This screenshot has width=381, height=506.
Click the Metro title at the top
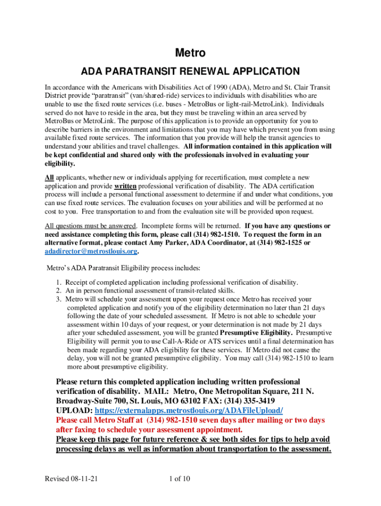coord(190,53)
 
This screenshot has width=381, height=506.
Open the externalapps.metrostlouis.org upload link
coord(189,411)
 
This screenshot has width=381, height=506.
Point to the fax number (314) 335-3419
coord(246,401)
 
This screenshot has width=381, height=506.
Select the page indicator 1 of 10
coord(180,479)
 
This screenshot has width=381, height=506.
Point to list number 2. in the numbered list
coord(59,291)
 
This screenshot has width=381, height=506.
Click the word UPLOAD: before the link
coord(74,411)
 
